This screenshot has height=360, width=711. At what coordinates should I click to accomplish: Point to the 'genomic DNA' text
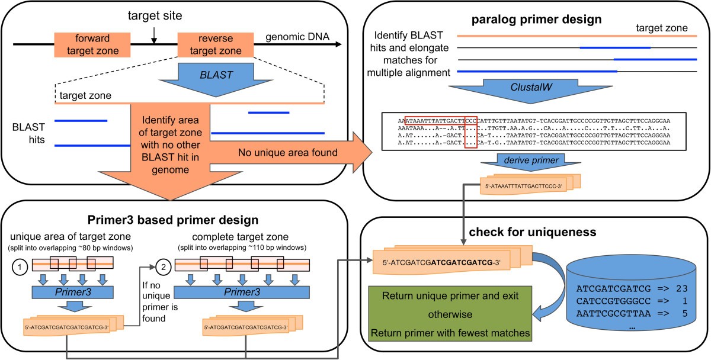(x=293, y=37)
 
